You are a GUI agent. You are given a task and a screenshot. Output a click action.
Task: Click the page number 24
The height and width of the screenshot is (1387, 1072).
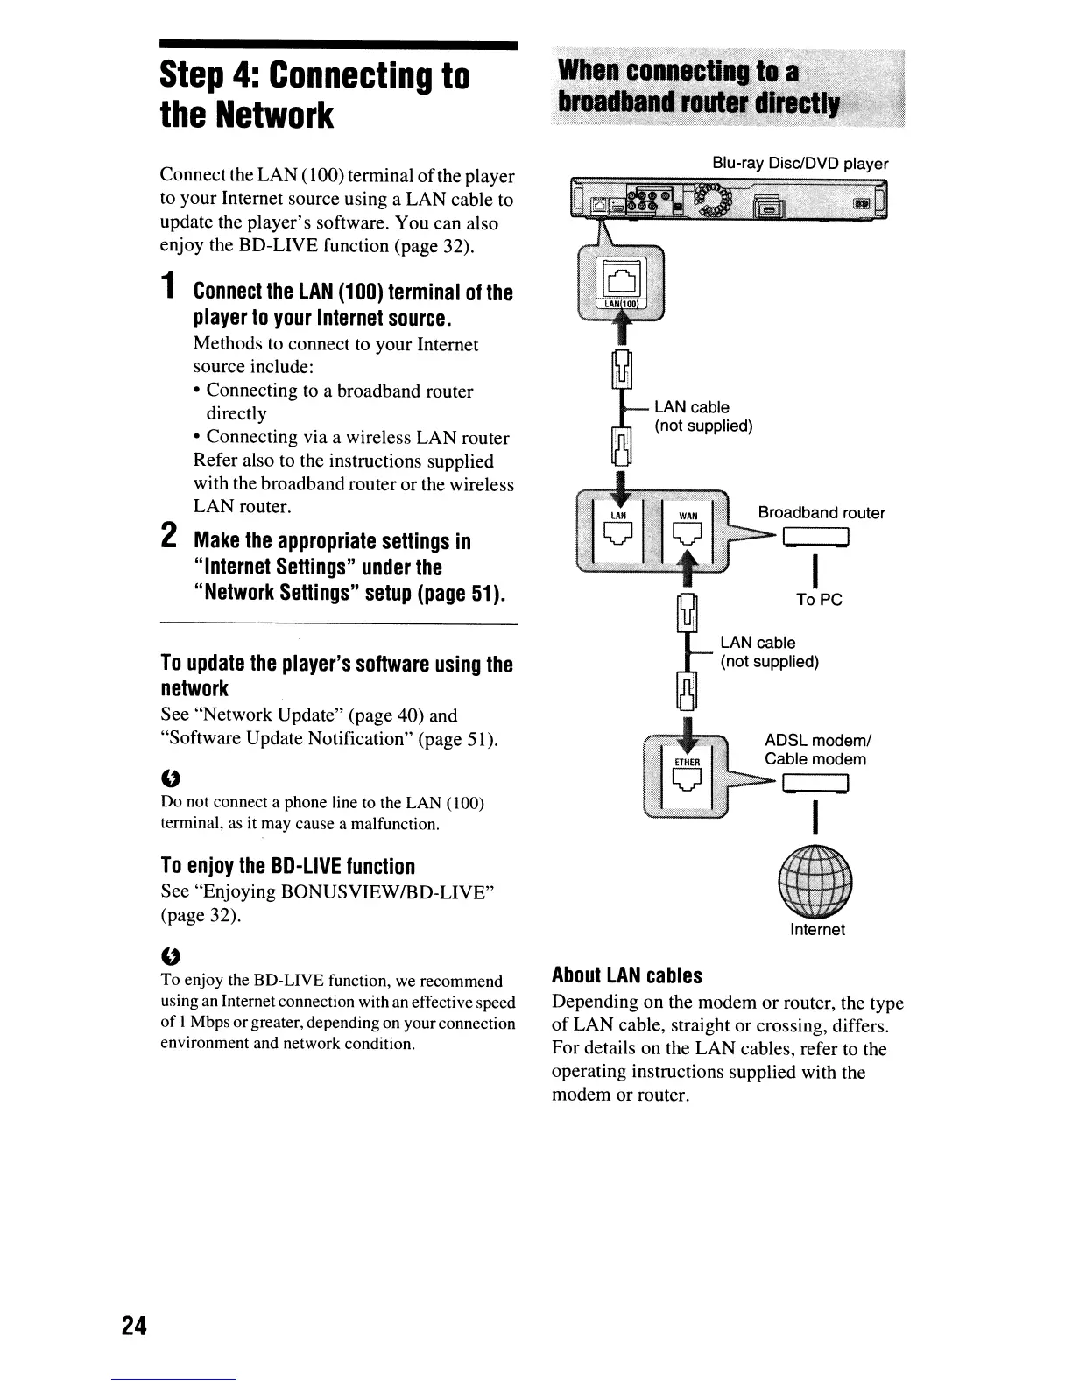(x=135, y=1326)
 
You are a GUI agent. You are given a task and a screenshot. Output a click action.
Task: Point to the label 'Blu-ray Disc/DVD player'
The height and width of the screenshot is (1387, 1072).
(x=800, y=164)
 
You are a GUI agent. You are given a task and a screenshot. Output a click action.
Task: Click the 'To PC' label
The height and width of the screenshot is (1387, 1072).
(x=819, y=600)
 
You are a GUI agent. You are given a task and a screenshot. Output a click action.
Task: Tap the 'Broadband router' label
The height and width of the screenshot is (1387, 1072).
(x=821, y=513)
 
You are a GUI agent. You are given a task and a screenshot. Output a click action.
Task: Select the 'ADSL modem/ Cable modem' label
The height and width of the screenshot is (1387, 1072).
(x=815, y=750)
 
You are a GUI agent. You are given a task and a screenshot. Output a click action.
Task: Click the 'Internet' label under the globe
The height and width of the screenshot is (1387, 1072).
(x=817, y=929)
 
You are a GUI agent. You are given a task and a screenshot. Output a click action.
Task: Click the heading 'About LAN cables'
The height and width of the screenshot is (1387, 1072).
(x=626, y=975)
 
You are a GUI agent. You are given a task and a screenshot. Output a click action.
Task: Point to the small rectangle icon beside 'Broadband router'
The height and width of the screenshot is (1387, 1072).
(x=816, y=537)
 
